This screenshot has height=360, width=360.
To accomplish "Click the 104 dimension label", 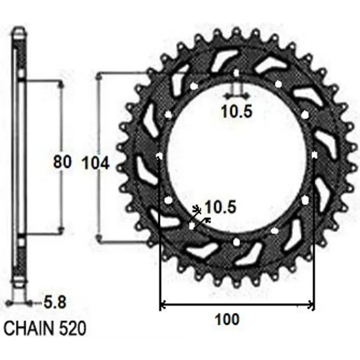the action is tap(96, 163).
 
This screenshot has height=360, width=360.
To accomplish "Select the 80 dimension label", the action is tap(63, 162).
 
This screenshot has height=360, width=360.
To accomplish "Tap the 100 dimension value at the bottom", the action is tap(227, 319).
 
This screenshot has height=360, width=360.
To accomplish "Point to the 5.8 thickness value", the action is tap(55, 302).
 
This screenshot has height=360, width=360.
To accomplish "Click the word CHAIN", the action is tap(29, 328).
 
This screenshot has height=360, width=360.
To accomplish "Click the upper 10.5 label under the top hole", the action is tap(237, 111).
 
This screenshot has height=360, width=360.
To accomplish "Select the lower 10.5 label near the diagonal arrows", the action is tap(220, 207).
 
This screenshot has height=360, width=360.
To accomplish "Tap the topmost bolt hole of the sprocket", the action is tap(236, 73).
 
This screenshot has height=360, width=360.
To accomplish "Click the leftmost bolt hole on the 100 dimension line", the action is tap(159, 156).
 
